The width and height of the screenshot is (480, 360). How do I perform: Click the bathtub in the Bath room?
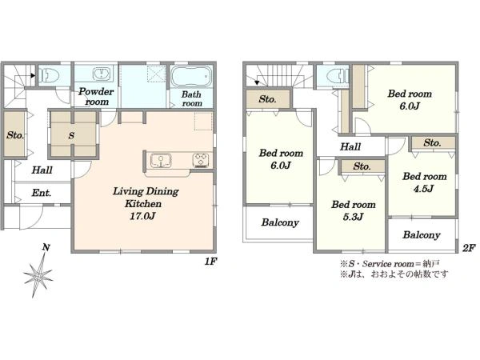pos(191,76)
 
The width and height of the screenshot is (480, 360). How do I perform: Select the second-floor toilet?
pos(338,75)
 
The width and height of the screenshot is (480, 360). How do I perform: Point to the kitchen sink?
pos(161,161)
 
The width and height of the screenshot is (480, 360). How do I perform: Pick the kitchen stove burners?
pos(201,161)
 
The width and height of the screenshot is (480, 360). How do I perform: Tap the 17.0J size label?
pos(142,216)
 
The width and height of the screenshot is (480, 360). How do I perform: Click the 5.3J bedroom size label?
pos(353,217)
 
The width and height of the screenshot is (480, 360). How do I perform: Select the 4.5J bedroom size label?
pos(423,189)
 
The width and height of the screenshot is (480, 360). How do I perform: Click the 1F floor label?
pos(211,262)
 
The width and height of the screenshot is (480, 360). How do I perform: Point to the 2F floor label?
pos(469,248)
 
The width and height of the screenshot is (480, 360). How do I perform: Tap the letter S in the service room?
pos(71,135)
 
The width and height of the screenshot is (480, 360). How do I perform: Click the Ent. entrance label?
pos(42,193)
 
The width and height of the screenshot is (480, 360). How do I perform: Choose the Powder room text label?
pos(96,97)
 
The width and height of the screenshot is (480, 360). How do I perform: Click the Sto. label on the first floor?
pos(15,135)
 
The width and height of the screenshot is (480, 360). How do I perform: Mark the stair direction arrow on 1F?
pos(32,75)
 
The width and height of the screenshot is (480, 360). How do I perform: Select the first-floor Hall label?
pos(42,170)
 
